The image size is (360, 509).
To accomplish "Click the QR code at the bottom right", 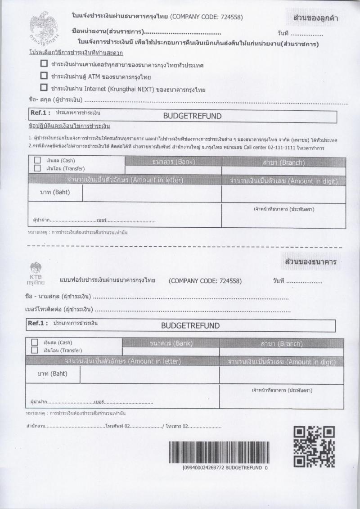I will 314,447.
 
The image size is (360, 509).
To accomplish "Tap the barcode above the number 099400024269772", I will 219,452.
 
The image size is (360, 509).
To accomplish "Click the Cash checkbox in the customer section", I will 37,160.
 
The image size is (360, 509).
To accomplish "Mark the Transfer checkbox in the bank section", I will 35,350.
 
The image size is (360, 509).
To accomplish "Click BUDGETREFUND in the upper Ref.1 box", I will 192,116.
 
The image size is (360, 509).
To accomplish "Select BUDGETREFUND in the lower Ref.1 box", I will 190,325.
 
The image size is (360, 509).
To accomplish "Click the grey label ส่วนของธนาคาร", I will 311,261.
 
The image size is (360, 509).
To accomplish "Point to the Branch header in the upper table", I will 283,162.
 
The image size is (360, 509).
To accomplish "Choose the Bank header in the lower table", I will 171,343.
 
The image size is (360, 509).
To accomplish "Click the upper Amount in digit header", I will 283,181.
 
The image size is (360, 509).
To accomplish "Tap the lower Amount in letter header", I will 123,361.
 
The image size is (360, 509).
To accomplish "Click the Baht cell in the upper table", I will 55,193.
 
